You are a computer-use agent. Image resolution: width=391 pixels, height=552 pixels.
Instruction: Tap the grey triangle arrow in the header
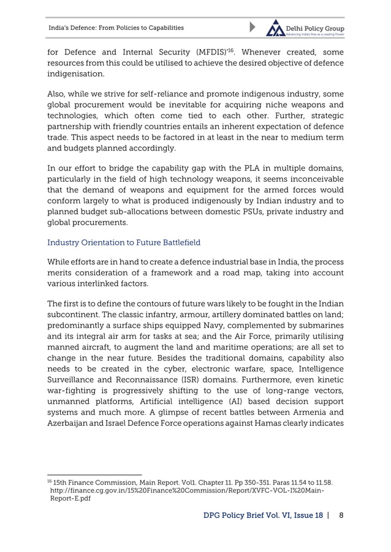(x=254, y=28)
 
